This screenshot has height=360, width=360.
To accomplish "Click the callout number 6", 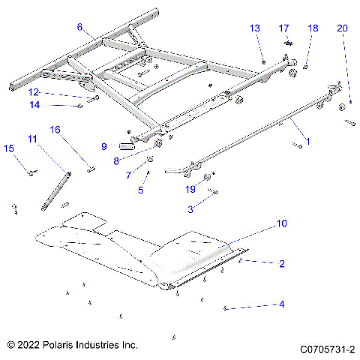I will (79, 27).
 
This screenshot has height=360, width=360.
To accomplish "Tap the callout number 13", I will (255, 28).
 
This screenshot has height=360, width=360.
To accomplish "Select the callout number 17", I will (284, 28).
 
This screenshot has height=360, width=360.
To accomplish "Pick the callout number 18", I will (313, 28).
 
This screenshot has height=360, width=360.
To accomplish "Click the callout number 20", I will (343, 28).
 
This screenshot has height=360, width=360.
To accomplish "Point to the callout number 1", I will (306, 140).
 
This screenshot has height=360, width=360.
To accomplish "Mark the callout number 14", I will (34, 104).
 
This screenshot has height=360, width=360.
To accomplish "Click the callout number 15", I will (9, 148).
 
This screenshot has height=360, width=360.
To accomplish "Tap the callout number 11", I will (33, 139).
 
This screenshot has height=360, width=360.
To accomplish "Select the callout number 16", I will (55, 129).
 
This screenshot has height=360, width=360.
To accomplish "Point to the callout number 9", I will (104, 145).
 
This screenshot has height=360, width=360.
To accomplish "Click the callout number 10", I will (282, 223).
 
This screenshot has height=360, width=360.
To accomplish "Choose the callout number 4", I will (282, 304).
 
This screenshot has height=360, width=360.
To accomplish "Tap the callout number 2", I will (282, 263).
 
